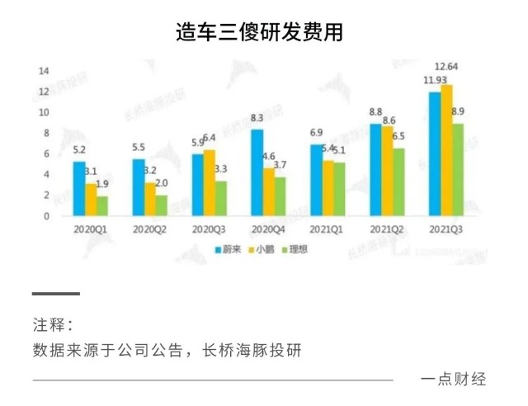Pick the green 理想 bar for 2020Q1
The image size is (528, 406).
click(x=102, y=205)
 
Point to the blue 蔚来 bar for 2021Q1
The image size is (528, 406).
click(x=316, y=180)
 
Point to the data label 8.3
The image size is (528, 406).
click(x=257, y=117)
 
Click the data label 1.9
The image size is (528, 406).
click(x=102, y=184)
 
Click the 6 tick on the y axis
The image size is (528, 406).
click(x=45, y=153)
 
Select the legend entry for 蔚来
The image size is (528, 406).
click(x=229, y=249)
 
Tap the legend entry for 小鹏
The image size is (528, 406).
click(x=263, y=249)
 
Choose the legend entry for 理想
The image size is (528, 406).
click(x=296, y=249)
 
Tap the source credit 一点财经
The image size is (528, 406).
click(x=453, y=380)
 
